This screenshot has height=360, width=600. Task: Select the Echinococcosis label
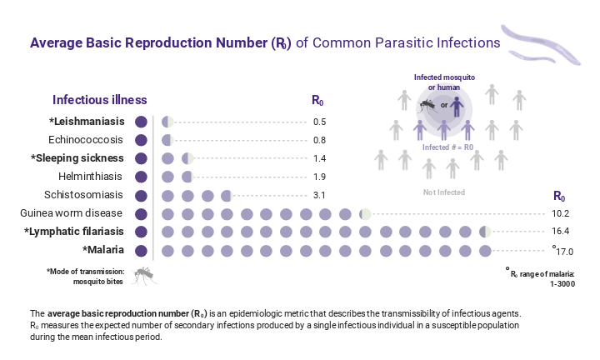pyautogui.click(x=86, y=140)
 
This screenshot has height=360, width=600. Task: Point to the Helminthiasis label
pyautogui.click(x=91, y=177)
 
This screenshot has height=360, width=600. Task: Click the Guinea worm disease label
pyautogui.click(x=72, y=213)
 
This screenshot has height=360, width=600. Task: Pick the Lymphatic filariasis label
pyautogui.click(x=74, y=232)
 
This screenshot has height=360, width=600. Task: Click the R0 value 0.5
pyautogui.click(x=319, y=122)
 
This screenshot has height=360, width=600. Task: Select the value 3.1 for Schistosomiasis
pyautogui.click(x=319, y=196)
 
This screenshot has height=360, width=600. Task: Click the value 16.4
pyautogui.click(x=563, y=232)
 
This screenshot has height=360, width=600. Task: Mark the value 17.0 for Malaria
pyautogui.click(x=564, y=251)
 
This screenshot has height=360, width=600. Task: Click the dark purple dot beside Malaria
pyautogui.click(x=141, y=250)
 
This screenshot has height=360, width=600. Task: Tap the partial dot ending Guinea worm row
pyautogui.click(x=365, y=213)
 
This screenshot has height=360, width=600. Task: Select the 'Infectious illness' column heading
pyautogui.click(x=100, y=100)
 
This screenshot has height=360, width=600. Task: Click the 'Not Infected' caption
pyautogui.click(x=443, y=192)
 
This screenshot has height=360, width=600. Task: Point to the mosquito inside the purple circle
pyautogui.click(x=427, y=106)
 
